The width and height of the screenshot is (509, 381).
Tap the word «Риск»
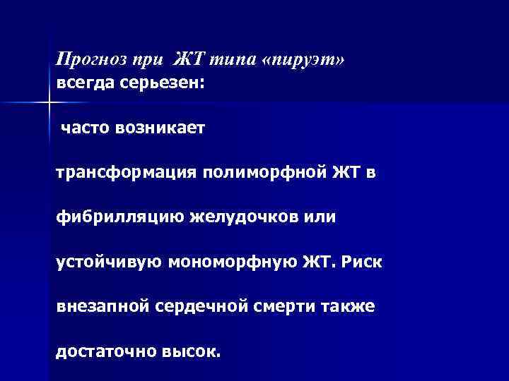tap(361, 262)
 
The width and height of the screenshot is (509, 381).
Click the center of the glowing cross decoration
tap(48, 104)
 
